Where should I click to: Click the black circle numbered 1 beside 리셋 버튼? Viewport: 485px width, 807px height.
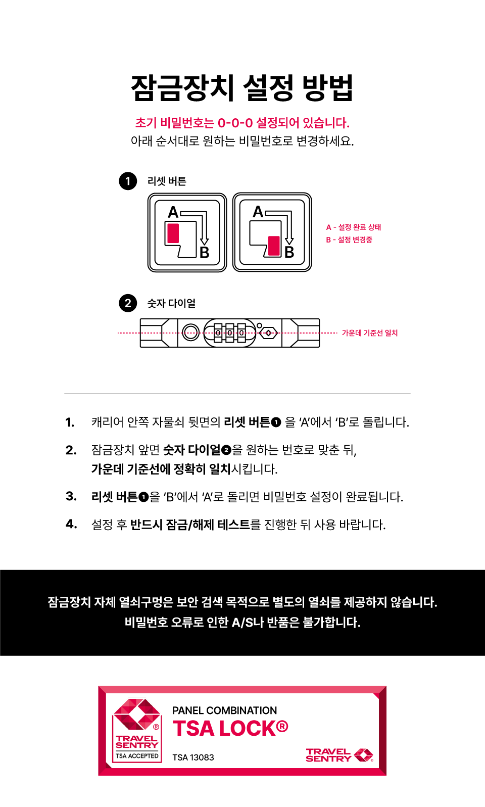(x=128, y=181)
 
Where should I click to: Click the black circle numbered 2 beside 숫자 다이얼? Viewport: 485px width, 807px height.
(x=128, y=303)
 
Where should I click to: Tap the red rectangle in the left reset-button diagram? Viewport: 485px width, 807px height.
(x=173, y=233)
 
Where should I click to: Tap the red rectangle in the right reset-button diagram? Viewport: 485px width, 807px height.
(x=274, y=246)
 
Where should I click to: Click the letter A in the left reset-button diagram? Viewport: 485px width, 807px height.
(x=173, y=212)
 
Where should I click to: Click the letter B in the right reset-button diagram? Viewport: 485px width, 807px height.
(x=289, y=252)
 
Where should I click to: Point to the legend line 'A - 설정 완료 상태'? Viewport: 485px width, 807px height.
(x=354, y=227)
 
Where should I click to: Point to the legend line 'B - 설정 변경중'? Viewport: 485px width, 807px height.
(x=349, y=240)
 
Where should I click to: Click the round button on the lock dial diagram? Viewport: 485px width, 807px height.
(x=190, y=333)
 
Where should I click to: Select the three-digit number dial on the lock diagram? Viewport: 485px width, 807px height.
(x=230, y=333)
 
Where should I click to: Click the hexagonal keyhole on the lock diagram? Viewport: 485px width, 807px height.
(x=268, y=333)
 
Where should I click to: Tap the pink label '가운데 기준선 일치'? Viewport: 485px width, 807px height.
(x=370, y=333)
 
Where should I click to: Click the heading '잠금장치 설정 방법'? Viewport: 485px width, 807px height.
(x=242, y=88)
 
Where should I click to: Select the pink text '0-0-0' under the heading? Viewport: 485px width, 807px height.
(x=235, y=123)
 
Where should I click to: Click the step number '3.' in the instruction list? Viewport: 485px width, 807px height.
(x=71, y=496)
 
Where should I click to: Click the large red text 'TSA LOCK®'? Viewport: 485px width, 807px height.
(x=230, y=728)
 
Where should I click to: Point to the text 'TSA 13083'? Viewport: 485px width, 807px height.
(x=193, y=757)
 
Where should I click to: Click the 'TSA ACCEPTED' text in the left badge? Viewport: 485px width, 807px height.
(x=137, y=756)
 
